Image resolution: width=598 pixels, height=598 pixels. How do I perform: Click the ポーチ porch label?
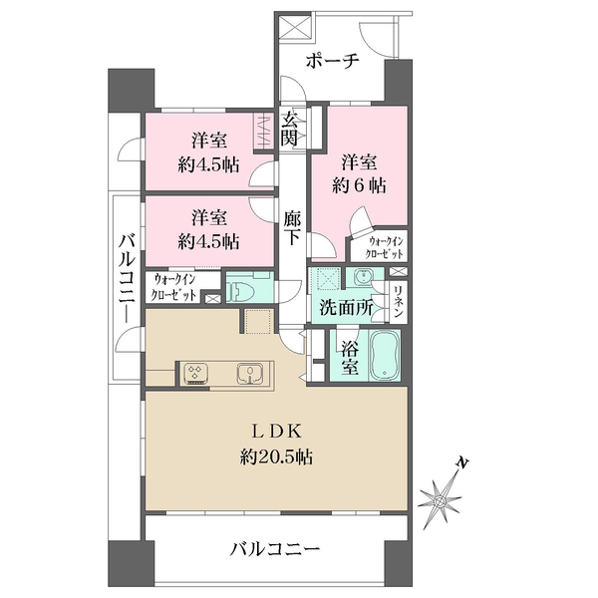[x=333, y=61]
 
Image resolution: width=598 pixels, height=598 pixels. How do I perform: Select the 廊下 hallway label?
[x=292, y=228]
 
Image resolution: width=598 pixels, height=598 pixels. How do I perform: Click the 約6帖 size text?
[x=359, y=185]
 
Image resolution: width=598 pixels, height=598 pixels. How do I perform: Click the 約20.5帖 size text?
[x=276, y=456]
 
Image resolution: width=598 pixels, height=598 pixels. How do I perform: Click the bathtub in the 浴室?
[x=385, y=356]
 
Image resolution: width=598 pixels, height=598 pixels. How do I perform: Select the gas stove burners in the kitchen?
[x=195, y=372]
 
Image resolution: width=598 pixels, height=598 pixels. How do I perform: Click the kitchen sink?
[x=250, y=373]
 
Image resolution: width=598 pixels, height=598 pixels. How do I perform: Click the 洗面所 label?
[x=346, y=307]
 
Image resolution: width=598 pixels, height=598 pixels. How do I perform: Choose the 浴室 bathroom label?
[x=350, y=357]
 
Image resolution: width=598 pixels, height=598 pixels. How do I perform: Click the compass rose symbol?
[x=440, y=499]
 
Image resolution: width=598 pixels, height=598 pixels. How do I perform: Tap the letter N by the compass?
[x=462, y=462]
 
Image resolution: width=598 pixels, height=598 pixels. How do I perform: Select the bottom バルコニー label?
[x=274, y=549]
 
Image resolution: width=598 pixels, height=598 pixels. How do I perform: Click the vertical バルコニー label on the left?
[x=127, y=278]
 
